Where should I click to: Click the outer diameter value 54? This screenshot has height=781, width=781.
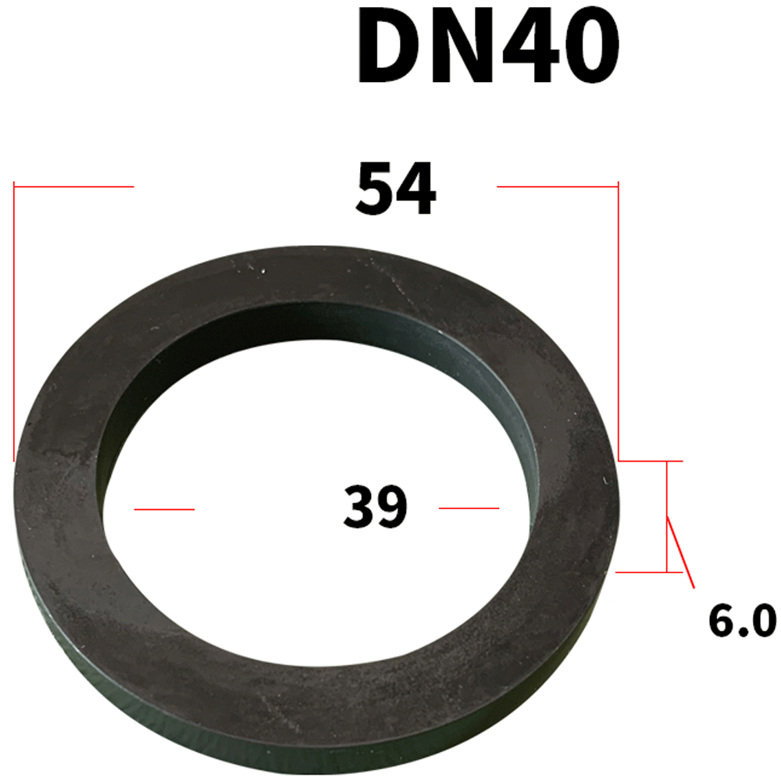click(x=395, y=189)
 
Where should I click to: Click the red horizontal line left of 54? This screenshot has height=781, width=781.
click(x=74, y=187)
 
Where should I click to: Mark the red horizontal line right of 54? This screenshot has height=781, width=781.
click(x=558, y=187)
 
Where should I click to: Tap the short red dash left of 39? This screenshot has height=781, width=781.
click(x=164, y=509)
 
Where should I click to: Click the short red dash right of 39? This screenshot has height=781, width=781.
click(x=469, y=508)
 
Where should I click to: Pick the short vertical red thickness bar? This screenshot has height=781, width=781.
click(x=667, y=515)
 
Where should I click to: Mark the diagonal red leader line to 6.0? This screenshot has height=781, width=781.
click(x=680, y=551)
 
